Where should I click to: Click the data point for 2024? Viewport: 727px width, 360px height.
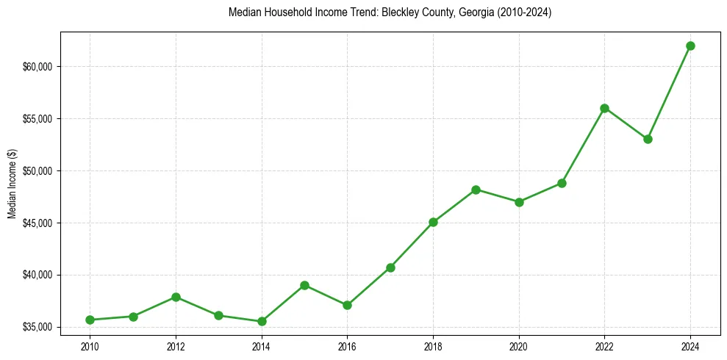tap(690, 46)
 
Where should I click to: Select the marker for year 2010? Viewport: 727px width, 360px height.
tap(90, 320)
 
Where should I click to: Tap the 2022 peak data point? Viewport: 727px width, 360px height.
tap(604, 108)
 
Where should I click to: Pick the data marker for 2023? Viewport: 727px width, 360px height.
tap(648, 139)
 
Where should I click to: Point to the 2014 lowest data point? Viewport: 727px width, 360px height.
tap(262, 321)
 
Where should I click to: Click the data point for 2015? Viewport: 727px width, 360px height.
tap(304, 285)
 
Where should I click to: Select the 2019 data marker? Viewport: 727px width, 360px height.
tap(476, 190)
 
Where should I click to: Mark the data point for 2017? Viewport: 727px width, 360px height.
tap(390, 267)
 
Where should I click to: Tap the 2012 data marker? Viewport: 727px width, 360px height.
tap(176, 297)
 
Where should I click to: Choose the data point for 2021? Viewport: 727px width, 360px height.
tap(562, 183)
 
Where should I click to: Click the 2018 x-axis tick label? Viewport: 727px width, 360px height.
tap(433, 345)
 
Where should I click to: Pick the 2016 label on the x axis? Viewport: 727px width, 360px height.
tap(347, 345)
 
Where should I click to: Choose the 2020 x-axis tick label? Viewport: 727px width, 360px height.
tap(519, 345)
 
